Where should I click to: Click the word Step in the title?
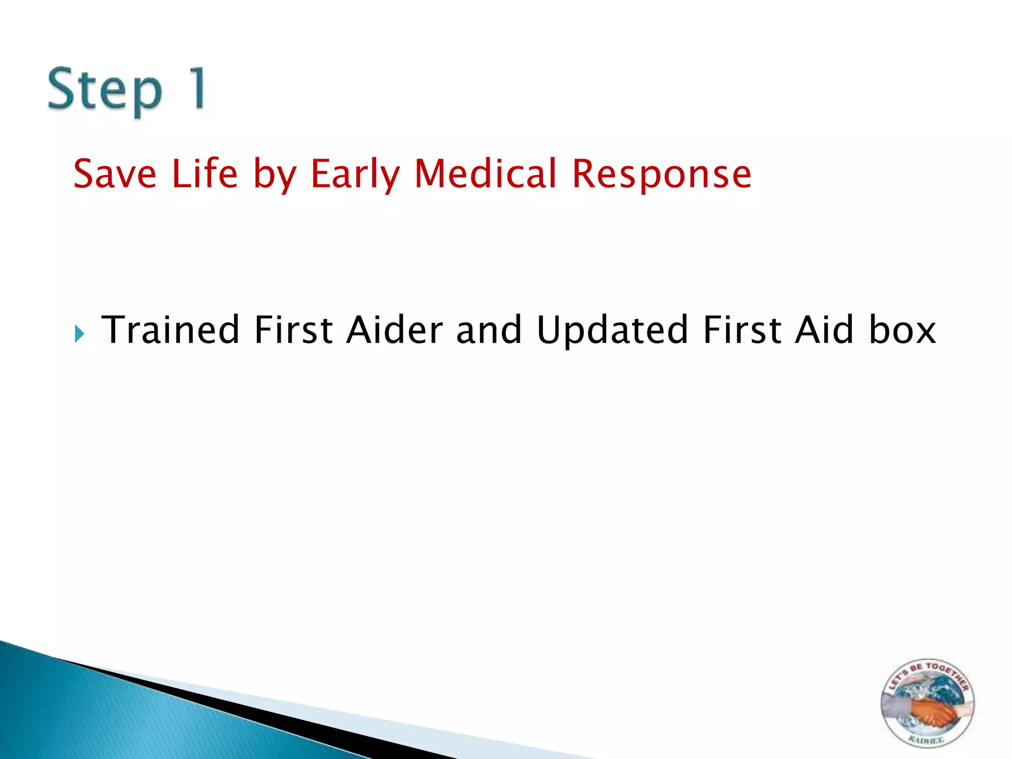click(105, 90)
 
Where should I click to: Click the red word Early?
click(355, 175)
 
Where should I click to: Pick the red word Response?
click(662, 175)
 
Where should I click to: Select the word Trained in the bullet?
click(170, 330)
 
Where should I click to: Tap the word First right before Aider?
click(293, 330)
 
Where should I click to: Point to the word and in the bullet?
click(489, 330)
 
